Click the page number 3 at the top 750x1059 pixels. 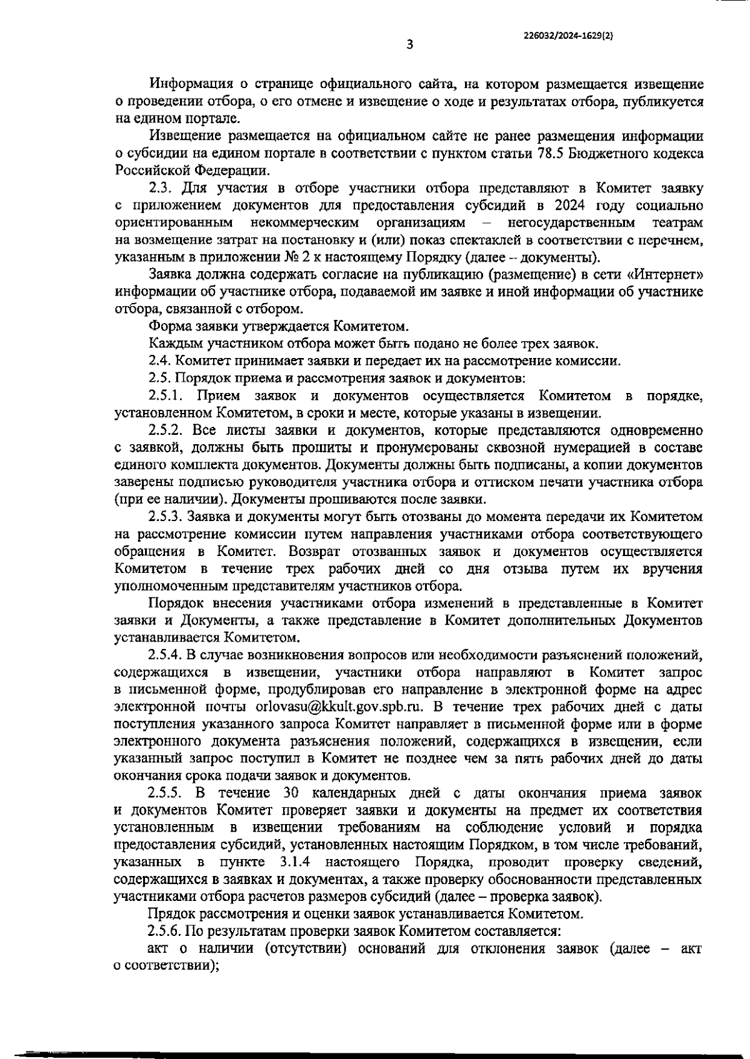pos(409,44)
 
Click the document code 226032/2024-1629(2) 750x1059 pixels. pos(568,36)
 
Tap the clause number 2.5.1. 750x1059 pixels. pos(166,395)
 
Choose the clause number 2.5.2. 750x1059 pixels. pos(166,430)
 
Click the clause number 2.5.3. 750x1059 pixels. pos(166,517)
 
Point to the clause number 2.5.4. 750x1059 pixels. pos(166,655)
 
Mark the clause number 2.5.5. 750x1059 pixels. pos(166,793)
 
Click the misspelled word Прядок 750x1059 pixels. pos(169,913)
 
